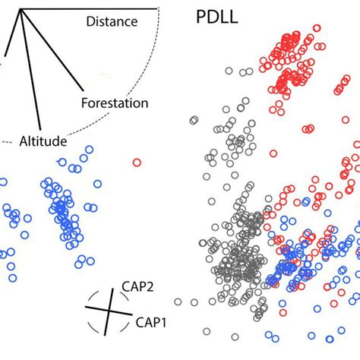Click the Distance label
point(112,22)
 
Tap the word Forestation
point(114,102)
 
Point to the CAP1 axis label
point(151,323)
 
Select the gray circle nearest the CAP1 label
point(194,302)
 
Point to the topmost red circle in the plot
point(292,35)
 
